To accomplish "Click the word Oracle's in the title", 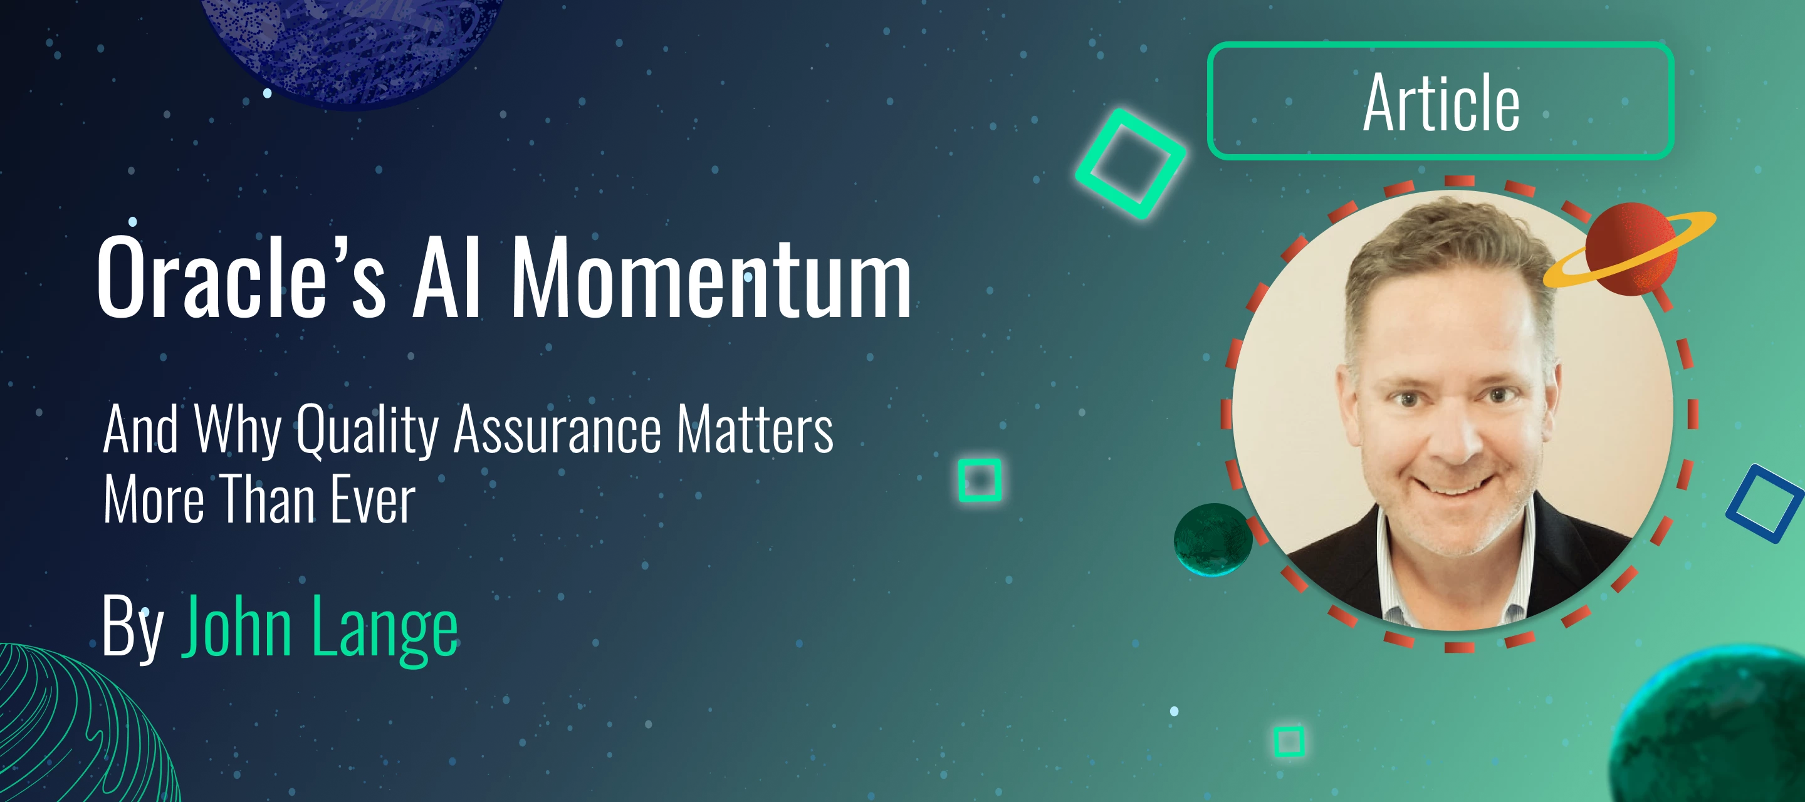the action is (x=242, y=276).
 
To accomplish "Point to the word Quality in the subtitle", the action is (x=367, y=430).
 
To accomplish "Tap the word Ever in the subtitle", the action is (x=373, y=499).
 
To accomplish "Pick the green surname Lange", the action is (x=385, y=628).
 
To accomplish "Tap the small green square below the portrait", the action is (x=1277, y=741).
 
